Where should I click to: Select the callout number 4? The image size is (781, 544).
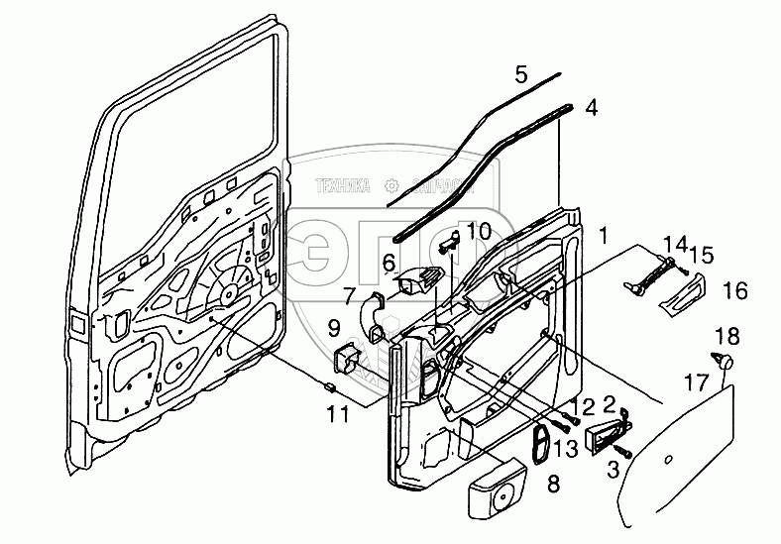591,106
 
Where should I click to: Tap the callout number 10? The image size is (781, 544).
478,231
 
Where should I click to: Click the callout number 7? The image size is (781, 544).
348,294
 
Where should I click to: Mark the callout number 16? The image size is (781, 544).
734,291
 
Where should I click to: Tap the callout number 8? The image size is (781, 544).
553,484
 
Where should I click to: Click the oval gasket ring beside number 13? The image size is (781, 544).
542,447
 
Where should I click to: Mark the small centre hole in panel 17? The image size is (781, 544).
667,457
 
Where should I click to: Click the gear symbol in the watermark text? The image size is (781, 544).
394,184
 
